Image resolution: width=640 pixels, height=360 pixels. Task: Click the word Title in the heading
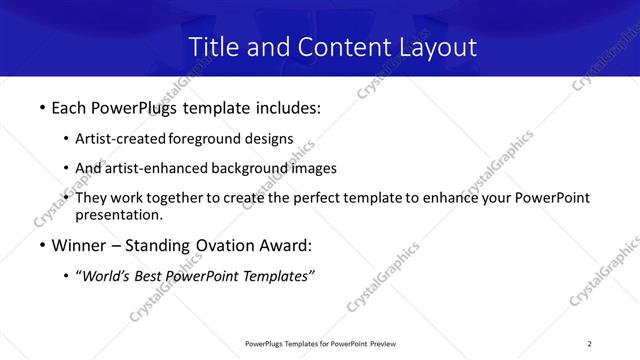click(x=214, y=47)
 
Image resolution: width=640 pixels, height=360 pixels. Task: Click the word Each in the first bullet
click(x=69, y=107)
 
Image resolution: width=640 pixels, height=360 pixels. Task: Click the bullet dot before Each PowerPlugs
click(x=41, y=107)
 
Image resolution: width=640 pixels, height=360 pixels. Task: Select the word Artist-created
click(x=120, y=139)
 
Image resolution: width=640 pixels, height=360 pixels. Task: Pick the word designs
click(x=270, y=139)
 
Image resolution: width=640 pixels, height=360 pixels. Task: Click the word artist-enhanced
click(x=154, y=168)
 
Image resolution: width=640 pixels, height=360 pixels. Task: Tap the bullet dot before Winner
click(x=41, y=245)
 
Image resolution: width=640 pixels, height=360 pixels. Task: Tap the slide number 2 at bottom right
click(x=590, y=343)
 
